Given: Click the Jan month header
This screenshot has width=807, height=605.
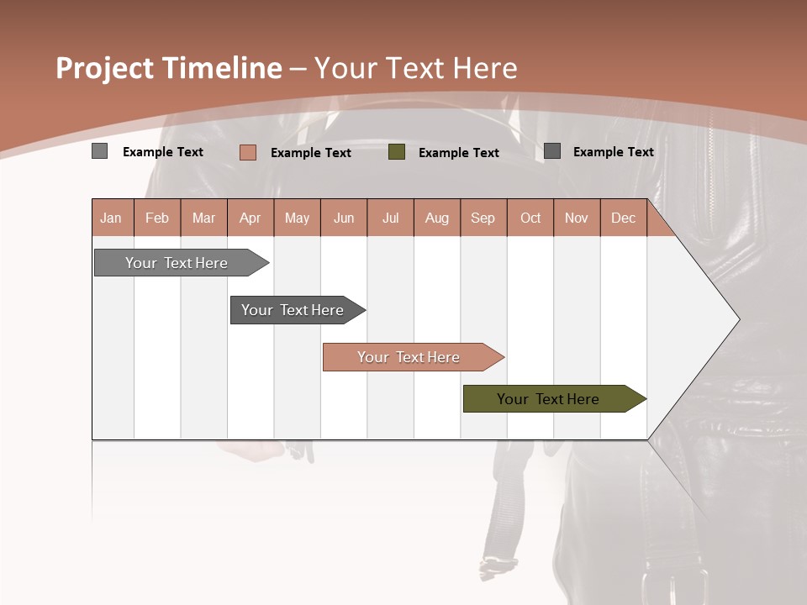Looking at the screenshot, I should click(x=111, y=218).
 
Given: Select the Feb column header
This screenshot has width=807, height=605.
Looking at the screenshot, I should click(x=157, y=218).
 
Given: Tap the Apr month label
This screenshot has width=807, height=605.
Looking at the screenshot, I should click(x=250, y=218).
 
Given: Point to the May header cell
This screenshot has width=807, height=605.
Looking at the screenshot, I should click(x=297, y=218).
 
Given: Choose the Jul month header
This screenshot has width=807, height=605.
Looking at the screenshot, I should click(x=390, y=218).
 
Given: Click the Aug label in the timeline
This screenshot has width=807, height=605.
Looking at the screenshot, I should click(x=436, y=218).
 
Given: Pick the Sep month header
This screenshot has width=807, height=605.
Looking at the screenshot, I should click(x=483, y=218).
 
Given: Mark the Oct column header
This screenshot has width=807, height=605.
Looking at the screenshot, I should click(x=530, y=218).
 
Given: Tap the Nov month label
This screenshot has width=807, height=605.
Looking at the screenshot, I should click(x=577, y=218).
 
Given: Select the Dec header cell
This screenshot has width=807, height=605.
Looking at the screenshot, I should click(x=623, y=218).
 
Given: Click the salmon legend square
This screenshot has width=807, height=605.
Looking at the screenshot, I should click(x=248, y=152).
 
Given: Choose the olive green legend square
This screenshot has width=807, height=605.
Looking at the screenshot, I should click(x=397, y=151).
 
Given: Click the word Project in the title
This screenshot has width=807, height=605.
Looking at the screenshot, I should click(x=105, y=68).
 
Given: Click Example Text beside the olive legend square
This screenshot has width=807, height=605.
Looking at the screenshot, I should click(x=458, y=153).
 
